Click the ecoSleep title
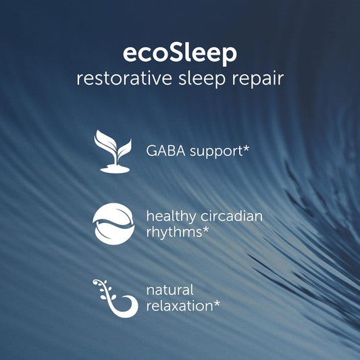click(180, 53)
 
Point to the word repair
click(256, 79)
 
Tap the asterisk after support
click(246, 147)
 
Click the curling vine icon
click(112, 297)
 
